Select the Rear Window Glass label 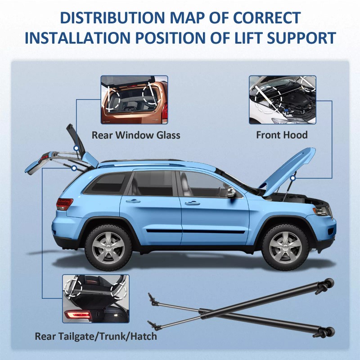[x=136, y=135]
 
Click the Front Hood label [x=282, y=135]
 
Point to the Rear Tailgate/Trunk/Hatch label [x=96, y=336]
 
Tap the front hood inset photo [x=282, y=100]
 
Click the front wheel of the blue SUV [x=285, y=247]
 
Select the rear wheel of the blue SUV [x=108, y=247]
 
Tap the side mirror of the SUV [x=231, y=192]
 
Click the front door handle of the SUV [x=192, y=203]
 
